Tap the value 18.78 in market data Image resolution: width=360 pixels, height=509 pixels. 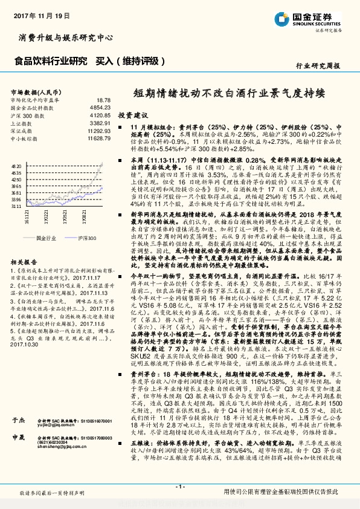103,100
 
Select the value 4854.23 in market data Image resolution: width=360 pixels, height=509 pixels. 100,107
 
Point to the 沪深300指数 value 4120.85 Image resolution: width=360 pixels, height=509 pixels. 100,115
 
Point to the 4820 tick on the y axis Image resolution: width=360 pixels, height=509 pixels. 16,165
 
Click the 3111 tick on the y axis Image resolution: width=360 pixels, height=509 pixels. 16,206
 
